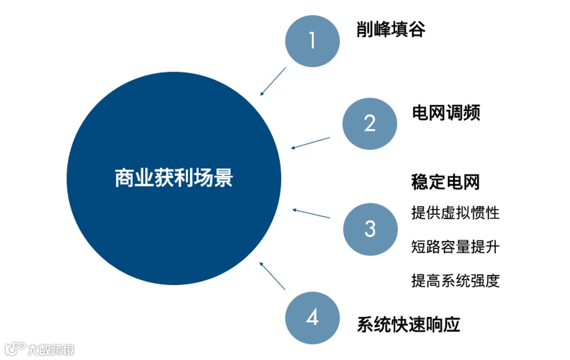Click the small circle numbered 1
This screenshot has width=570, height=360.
pos(312,41)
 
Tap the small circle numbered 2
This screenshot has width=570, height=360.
pos(369,124)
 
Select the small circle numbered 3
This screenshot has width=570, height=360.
pos(370,229)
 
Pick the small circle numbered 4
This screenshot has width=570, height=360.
pos(312,318)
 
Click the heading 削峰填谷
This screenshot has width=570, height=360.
pos(391,29)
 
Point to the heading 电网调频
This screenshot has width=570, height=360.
pos(446,113)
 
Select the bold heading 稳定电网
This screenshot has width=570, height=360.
pos(445,182)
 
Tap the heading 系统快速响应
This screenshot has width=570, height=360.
pos(408,324)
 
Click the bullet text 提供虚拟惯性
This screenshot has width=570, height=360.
pos(455,213)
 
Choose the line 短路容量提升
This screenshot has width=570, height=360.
pos(455,246)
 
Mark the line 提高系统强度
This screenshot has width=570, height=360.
pos(455,280)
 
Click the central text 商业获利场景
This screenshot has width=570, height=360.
pos(174,178)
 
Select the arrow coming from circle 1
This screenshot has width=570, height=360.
pos(273,81)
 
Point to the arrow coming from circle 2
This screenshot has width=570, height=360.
pos(310,143)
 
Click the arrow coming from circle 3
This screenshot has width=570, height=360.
pos(311,213)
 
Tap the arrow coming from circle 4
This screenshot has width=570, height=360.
pos(272,275)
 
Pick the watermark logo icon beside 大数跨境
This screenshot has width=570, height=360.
pos(15,348)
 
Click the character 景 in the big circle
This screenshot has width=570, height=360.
pos(223,178)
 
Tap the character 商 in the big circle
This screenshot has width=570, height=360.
pos(124,178)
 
